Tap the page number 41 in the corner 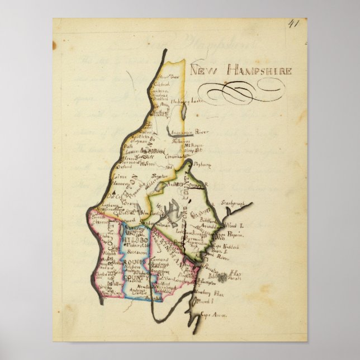pos(294,24)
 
